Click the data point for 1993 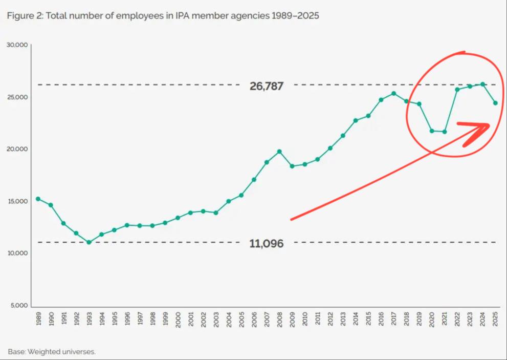pyautogui.click(x=89, y=242)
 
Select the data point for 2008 pyautogui.click(x=279, y=152)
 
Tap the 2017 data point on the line pyautogui.click(x=393, y=93)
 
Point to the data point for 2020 pyautogui.click(x=432, y=131)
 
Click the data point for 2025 pyautogui.click(x=495, y=103)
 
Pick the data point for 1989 pyautogui.click(x=38, y=199)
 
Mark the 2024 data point pyautogui.click(x=482, y=84)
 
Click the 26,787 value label pyautogui.click(x=267, y=86)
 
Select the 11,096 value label pyautogui.click(x=267, y=244)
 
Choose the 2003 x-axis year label pyautogui.click(x=216, y=319)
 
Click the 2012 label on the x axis pyautogui.click(x=330, y=319)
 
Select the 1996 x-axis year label pyautogui.click(x=127, y=319)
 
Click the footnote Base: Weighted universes pyautogui.click(x=52, y=351)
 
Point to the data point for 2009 pyautogui.click(x=292, y=166)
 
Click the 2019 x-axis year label pyautogui.click(x=419, y=319)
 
